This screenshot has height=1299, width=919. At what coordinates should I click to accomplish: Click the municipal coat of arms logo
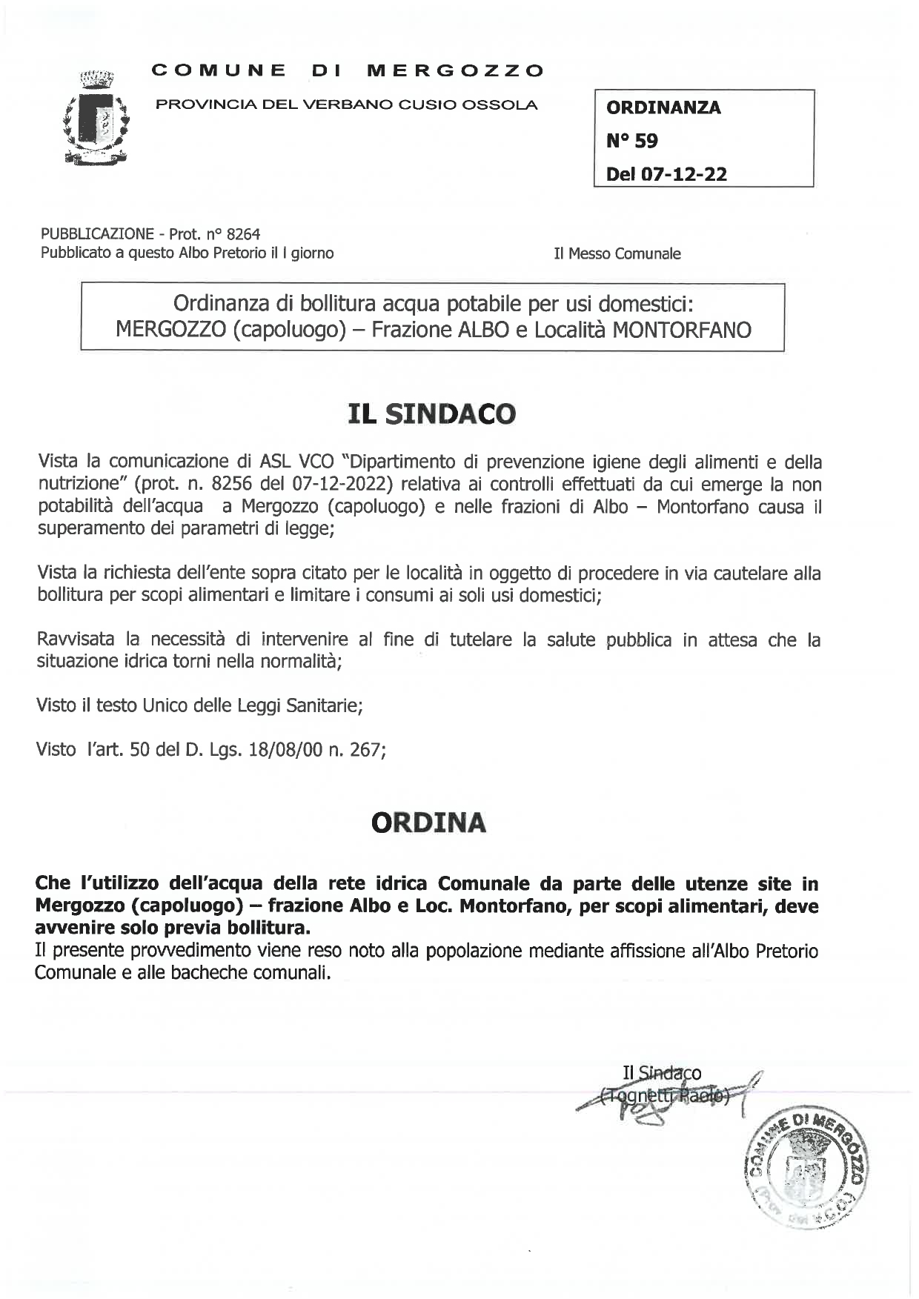(x=96, y=116)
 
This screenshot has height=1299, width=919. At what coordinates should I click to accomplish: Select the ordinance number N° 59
(x=631, y=141)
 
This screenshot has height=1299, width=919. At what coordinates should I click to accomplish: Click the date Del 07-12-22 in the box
(x=666, y=175)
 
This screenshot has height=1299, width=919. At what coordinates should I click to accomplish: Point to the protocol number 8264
(x=243, y=234)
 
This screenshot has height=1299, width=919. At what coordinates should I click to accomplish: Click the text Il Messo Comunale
(x=617, y=253)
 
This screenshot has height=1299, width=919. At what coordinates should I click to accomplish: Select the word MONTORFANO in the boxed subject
(x=682, y=329)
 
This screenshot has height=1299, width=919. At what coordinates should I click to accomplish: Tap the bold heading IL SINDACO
(x=431, y=413)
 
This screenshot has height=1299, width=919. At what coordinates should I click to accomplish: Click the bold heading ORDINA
(x=428, y=823)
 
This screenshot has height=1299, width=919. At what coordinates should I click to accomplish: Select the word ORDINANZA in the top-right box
(x=663, y=107)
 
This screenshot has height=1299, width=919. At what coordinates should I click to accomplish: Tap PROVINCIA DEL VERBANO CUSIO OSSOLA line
(x=346, y=104)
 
